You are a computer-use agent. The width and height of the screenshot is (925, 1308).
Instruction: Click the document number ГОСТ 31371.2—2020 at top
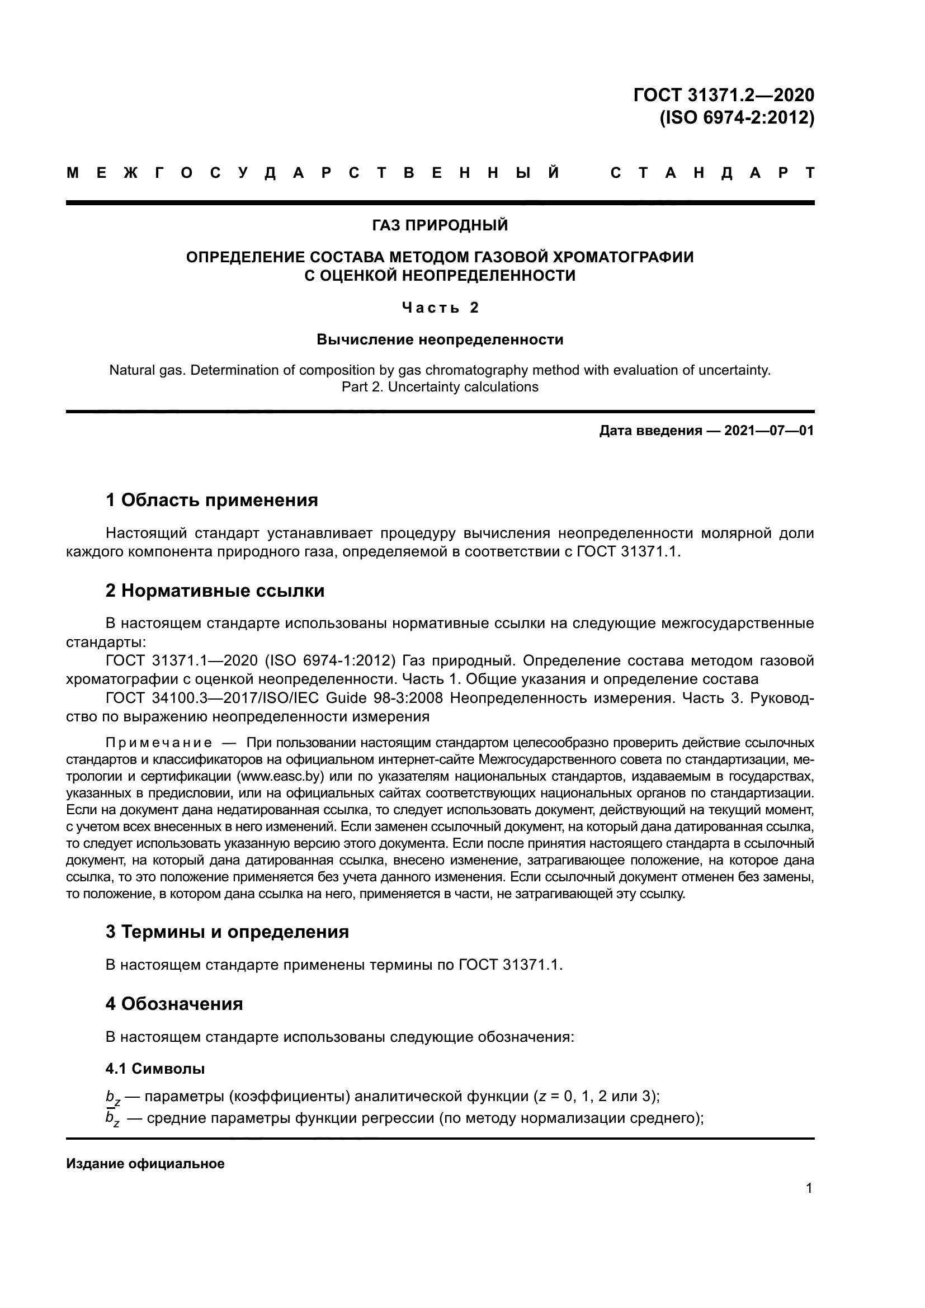723,95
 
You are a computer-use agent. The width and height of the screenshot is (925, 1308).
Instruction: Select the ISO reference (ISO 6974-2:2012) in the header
737,117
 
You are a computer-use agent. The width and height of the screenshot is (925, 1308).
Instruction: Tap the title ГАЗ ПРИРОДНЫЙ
440,225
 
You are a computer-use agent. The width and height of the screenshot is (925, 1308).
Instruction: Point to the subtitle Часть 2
440,308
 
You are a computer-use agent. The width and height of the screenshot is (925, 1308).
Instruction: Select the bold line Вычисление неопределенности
440,340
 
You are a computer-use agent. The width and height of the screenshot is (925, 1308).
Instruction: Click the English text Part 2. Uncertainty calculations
440,387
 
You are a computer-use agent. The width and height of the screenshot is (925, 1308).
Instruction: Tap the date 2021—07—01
768,431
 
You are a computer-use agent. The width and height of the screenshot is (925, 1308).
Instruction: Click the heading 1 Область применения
212,500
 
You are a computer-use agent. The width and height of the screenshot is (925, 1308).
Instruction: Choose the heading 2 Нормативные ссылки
215,591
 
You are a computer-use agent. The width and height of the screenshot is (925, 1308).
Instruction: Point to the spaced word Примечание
159,743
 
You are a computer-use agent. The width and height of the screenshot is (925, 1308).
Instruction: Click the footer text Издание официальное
145,1163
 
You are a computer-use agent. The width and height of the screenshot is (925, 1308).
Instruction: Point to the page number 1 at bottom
809,1188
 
